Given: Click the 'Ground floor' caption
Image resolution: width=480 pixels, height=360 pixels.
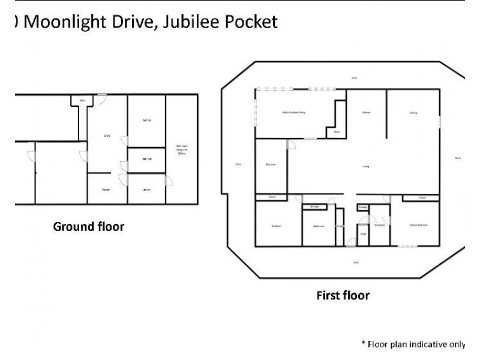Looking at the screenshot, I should pos(88,227).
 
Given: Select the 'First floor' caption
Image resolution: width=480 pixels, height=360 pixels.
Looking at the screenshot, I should pos(343,295).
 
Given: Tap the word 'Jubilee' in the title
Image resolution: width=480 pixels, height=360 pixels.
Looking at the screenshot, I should pos(185,23).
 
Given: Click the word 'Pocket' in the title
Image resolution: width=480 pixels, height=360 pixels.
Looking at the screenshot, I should pos(248,23).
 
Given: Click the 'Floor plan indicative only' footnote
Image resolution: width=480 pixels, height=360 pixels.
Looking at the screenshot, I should pos(412,344).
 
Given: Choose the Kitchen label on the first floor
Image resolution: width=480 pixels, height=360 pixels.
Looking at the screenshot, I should pos(366,112).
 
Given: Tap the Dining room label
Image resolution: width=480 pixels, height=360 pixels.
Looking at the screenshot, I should pos(413,112).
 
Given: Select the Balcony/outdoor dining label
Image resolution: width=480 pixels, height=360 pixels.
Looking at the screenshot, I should pos(294,112).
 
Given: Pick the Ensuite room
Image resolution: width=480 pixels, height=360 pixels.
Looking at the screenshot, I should pos(379,226).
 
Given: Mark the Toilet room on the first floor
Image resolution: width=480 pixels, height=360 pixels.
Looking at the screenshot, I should pos(363,234).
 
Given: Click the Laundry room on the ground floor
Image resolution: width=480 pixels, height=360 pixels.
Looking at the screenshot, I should pos(146,190).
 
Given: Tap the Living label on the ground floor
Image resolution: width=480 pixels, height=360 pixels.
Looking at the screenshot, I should pos(106,136).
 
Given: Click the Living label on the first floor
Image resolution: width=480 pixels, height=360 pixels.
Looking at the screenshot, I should pos(365,167).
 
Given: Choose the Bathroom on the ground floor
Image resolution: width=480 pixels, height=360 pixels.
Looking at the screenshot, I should pos(146,159).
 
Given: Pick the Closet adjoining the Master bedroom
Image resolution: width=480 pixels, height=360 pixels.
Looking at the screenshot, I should pos(422,197).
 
